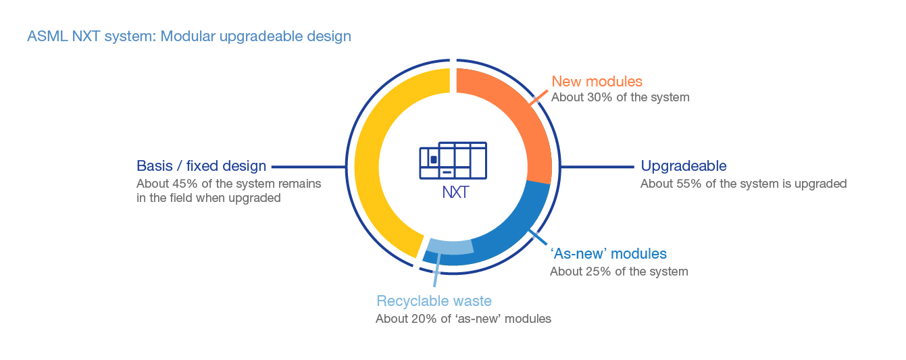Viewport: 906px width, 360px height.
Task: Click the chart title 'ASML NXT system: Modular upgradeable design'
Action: point(189,36)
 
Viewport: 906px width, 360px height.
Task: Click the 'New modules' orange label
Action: point(597,82)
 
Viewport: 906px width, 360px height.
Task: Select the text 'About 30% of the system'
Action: point(620,97)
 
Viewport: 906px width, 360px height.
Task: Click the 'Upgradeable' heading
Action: point(684,166)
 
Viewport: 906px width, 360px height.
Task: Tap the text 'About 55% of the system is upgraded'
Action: point(743,184)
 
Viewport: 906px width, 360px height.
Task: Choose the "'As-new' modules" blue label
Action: point(608,254)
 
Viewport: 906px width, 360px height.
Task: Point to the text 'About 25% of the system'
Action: point(619,272)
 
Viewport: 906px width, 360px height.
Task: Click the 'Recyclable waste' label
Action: point(434,301)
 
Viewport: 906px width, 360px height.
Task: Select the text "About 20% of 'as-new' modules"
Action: point(463,319)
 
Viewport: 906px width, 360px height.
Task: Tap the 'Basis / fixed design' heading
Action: point(201,166)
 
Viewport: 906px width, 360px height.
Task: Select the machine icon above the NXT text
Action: point(453,161)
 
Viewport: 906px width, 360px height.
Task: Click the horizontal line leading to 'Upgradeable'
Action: point(598,166)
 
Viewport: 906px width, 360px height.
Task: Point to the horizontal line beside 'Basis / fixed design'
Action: point(308,166)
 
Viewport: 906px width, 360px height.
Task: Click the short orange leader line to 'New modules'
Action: point(538,97)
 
